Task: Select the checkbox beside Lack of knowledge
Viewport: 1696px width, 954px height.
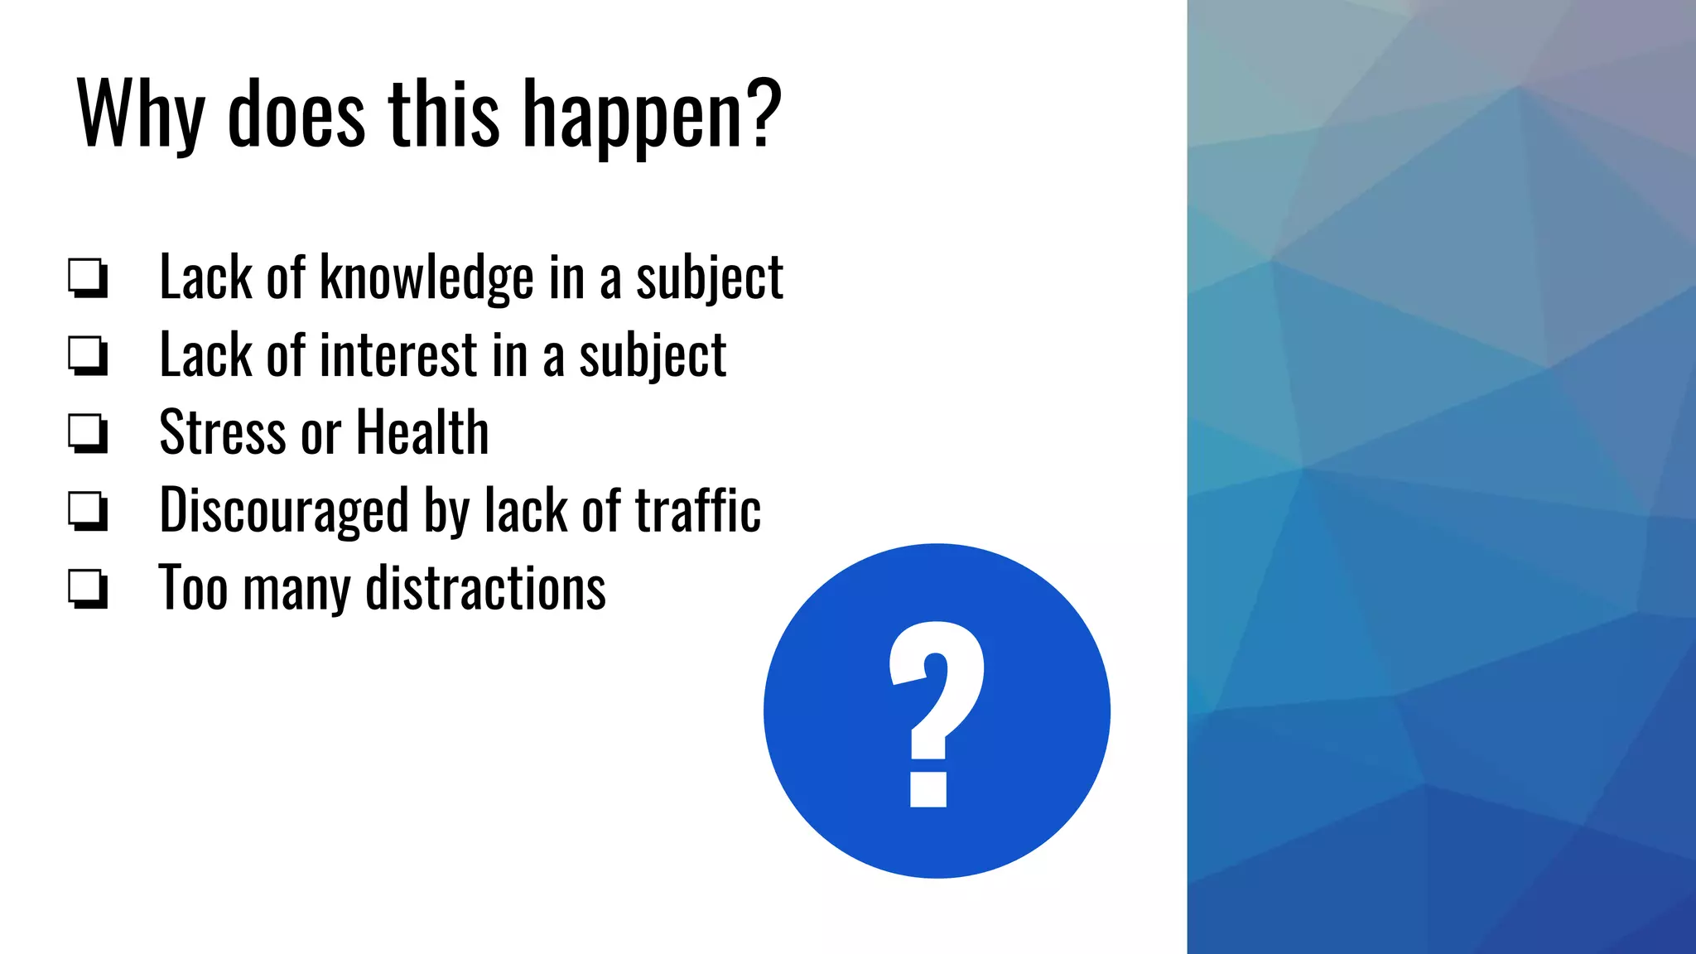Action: pos(88,277)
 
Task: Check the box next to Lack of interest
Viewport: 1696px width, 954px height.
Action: pos(88,355)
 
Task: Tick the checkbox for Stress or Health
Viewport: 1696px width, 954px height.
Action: pos(88,433)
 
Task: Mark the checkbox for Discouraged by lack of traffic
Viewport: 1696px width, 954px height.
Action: pos(88,510)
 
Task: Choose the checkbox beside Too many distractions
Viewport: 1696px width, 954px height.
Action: pos(88,588)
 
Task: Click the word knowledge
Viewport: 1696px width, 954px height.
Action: pos(426,277)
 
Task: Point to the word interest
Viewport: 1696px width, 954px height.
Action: pos(398,355)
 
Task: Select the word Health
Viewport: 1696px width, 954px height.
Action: pos(422,433)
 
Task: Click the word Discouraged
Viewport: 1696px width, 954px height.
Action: pos(283,511)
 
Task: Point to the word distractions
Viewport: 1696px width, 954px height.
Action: pos(485,589)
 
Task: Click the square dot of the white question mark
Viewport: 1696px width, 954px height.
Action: pos(928,789)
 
